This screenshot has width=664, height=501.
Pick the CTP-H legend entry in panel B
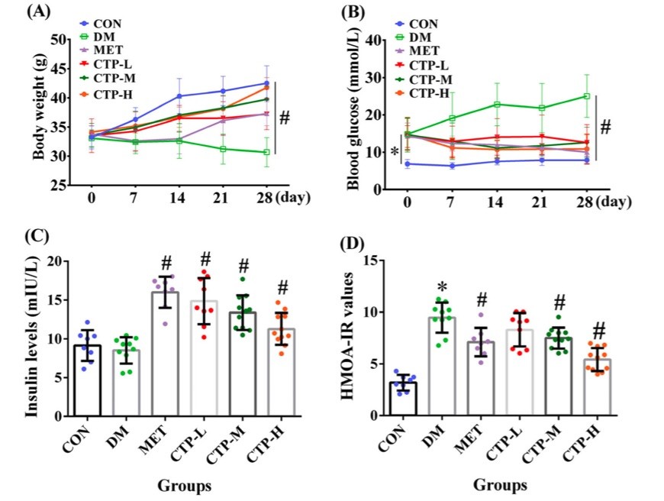point(428,93)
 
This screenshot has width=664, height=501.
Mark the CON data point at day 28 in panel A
point(266,83)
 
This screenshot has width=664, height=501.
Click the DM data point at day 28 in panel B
point(587,96)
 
